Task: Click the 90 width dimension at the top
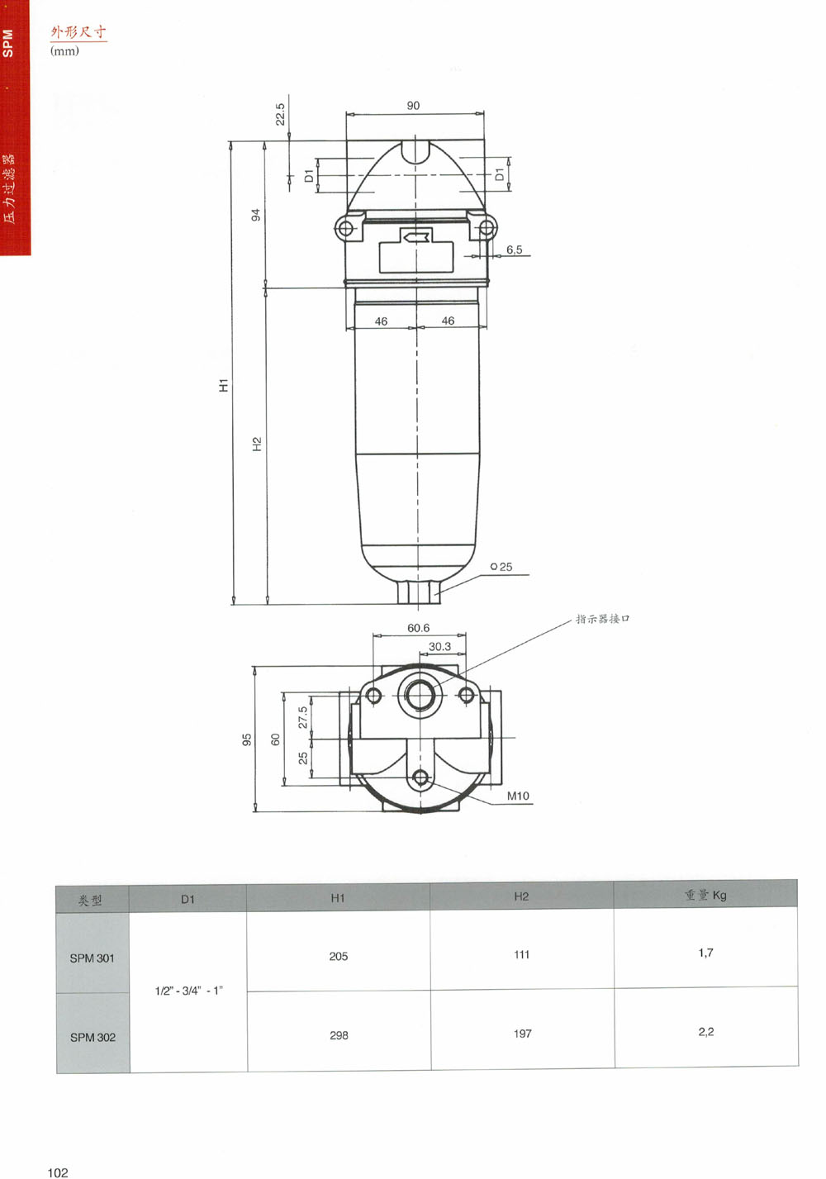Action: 413,105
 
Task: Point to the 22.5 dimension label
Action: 280,114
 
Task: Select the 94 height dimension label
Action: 256,215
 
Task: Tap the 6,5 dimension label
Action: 514,250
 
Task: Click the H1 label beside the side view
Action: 224,385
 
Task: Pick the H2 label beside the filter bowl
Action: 257,444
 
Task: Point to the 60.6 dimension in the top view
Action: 418,628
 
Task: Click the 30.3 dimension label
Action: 439,646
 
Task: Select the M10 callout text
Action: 518,796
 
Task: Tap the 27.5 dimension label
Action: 302,717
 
